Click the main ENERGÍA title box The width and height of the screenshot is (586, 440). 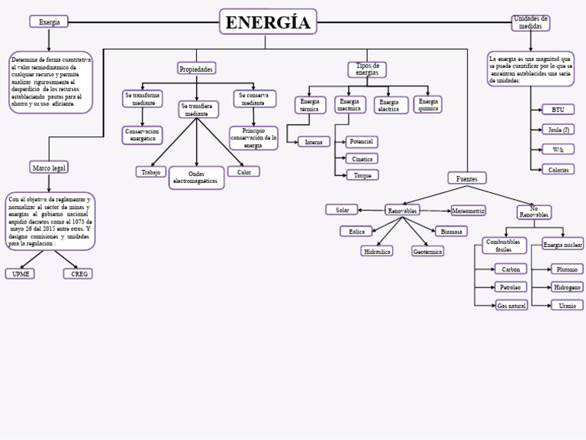[x=268, y=22]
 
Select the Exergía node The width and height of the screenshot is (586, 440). [x=49, y=22]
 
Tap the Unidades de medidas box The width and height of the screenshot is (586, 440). [x=530, y=23]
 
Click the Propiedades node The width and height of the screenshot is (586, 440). [x=196, y=69]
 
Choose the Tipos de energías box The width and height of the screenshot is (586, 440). [x=367, y=69]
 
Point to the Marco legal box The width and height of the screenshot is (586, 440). [x=49, y=167]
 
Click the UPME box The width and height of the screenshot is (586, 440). [x=19, y=273]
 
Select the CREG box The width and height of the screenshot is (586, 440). [x=78, y=273]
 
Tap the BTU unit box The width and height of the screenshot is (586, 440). [x=558, y=110]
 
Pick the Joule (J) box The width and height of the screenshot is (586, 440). [x=558, y=130]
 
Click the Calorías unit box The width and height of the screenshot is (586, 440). [x=558, y=169]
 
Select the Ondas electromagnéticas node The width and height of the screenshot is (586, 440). [x=196, y=178]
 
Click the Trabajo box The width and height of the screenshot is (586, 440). [x=150, y=172]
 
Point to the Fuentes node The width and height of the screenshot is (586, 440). [x=466, y=178]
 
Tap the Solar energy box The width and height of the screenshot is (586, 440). [x=342, y=210]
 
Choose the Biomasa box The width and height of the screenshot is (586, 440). [x=450, y=231]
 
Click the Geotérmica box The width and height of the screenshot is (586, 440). [x=427, y=251]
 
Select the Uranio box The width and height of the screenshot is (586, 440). [x=567, y=305]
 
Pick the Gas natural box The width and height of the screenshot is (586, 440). [x=511, y=305]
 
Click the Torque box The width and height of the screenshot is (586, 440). [x=361, y=175]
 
